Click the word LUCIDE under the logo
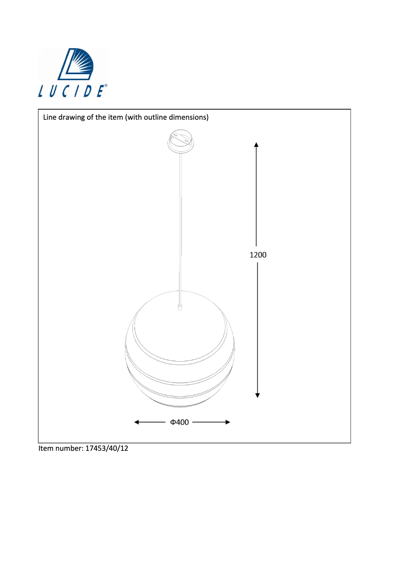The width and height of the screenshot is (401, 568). coord(71,91)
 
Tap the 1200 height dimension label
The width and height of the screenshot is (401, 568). coord(258,254)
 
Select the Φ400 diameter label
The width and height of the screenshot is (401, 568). coord(179,422)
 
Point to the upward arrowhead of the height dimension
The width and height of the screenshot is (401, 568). coord(256,145)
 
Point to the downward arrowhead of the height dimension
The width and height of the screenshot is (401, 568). coord(257,395)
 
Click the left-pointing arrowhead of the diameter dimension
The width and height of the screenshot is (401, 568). coord(136,422)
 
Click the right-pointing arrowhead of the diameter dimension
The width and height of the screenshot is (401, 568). coord(228,422)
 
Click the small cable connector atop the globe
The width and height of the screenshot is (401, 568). coord(179,308)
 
